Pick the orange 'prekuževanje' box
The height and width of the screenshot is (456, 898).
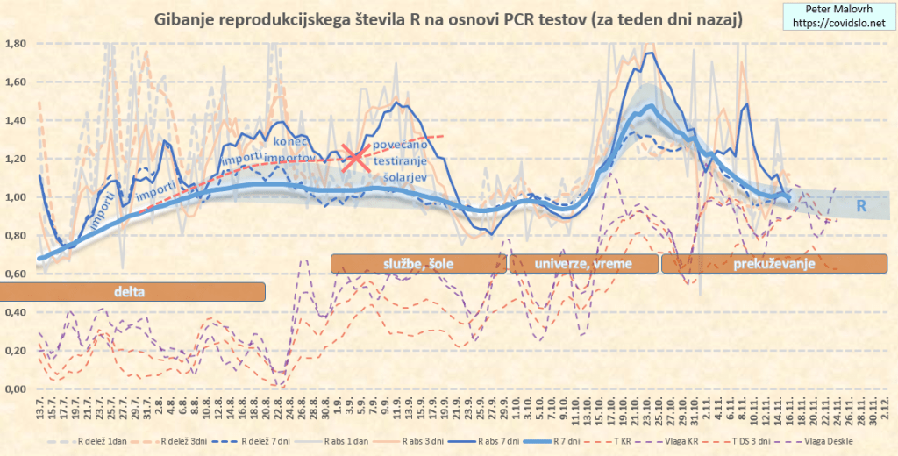[775, 263]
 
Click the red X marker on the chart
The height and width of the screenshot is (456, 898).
[355, 159]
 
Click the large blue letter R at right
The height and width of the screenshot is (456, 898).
[861, 206]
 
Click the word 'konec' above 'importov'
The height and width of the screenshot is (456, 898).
[291, 142]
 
